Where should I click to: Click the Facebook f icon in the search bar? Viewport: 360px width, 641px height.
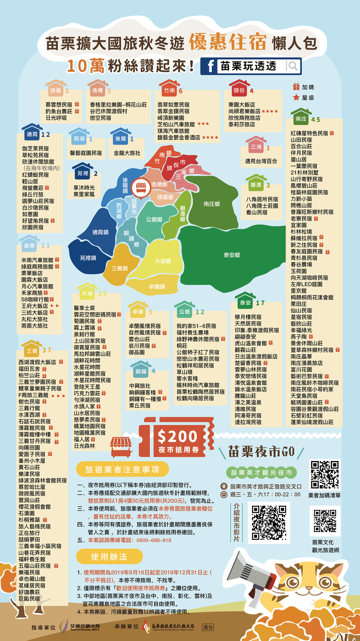[210, 66]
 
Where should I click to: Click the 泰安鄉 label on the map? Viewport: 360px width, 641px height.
[231, 256]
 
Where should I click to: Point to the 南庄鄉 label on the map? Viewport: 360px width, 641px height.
[211, 204]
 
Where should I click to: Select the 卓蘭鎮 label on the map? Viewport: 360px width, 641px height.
[157, 286]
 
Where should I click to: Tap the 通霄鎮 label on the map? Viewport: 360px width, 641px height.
[100, 232]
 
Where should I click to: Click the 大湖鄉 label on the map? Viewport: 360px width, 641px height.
[163, 261]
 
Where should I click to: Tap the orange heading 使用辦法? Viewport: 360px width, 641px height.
[109, 557]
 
